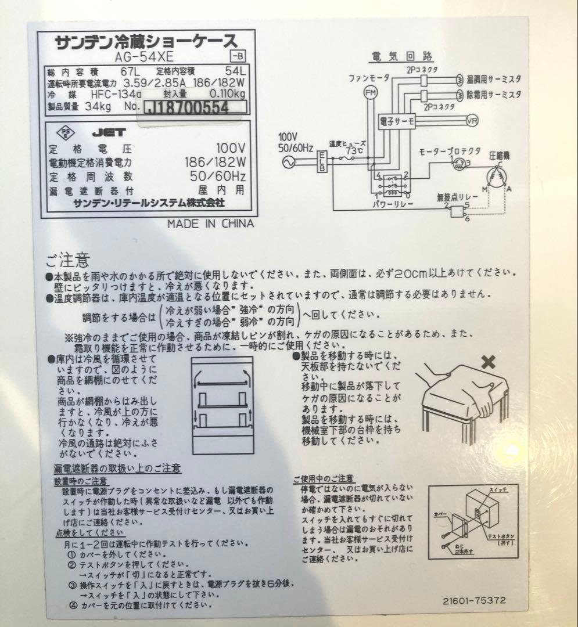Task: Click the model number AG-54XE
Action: coord(138,57)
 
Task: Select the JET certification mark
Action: coord(105,132)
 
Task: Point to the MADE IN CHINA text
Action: coord(210,224)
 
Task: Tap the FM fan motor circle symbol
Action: coord(370,92)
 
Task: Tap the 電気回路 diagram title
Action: coord(401,56)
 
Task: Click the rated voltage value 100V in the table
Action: coord(231,147)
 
